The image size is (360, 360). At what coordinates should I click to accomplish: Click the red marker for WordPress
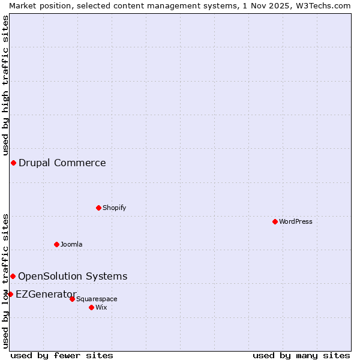tap(275, 221)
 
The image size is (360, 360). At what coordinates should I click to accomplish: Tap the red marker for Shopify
tap(98, 208)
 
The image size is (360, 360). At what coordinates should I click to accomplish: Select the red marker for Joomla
tap(56, 244)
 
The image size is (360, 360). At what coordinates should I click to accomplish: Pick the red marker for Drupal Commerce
tap(13, 163)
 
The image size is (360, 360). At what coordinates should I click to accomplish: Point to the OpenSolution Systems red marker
tap(13, 276)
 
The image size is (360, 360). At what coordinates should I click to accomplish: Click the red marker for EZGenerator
tap(10, 294)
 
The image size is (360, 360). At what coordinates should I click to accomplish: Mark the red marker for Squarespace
tap(72, 299)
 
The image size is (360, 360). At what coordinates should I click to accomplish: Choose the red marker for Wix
tap(91, 307)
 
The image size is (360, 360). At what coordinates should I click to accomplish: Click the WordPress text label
tap(296, 221)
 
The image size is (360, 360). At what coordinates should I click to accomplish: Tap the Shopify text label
tap(114, 208)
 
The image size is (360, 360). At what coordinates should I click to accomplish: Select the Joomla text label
tap(71, 244)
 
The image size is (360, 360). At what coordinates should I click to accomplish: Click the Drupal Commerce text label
tap(62, 163)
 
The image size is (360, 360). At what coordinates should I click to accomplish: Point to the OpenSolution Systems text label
tap(73, 276)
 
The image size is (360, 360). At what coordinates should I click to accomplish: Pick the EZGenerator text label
tap(46, 294)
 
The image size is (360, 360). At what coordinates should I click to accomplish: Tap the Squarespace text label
tap(97, 299)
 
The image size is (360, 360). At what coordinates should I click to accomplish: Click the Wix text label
tap(101, 307)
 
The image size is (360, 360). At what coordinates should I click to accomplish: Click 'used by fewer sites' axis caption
tap(62, 355)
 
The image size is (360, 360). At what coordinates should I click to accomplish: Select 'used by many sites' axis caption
tap(301, 355)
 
